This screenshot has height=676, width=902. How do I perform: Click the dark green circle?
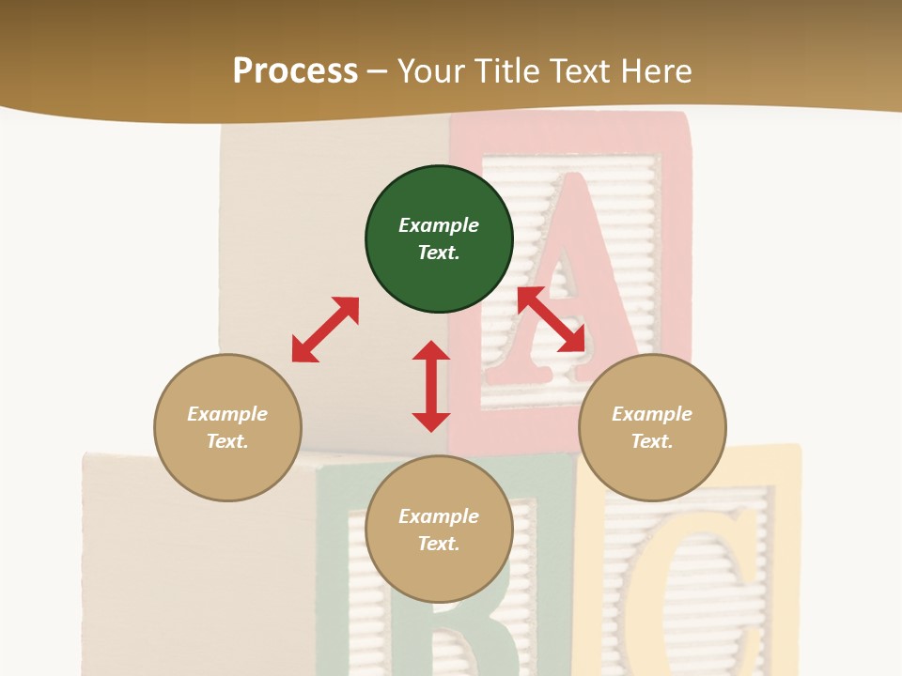pos(439,238)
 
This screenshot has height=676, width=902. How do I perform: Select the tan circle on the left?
pos(227,427)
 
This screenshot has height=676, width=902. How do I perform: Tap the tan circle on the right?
pos(652,427)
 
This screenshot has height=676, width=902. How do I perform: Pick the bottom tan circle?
pos(439,530)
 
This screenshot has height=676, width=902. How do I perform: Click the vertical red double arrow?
pos(431,386)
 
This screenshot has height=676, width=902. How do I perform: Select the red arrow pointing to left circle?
pos(325,330)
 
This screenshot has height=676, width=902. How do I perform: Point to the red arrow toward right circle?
pos(551,319)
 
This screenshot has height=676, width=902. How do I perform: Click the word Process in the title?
pos(295,70)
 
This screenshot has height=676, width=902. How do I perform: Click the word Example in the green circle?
pos(439,225)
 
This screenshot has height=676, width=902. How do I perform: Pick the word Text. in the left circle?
pos(227,441)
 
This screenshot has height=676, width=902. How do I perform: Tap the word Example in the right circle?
pos(652,414)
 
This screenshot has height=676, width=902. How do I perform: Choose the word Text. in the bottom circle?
pos(439,544)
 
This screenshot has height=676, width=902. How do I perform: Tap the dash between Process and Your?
pos(378,71)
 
